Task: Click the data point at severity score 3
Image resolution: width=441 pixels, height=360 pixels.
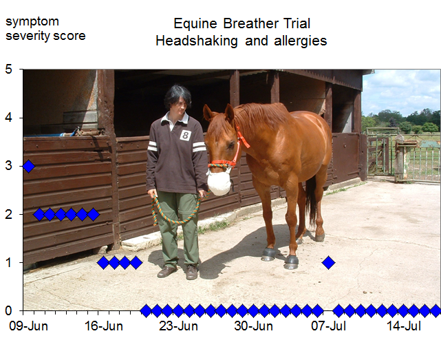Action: (28, 166)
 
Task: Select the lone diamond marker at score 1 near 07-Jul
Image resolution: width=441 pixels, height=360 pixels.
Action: (328, 262)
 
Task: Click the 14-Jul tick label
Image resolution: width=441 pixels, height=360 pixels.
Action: (403, 326)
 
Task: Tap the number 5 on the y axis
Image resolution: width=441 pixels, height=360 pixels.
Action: (9, 70)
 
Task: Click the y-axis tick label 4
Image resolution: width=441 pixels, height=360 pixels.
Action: (9, 118)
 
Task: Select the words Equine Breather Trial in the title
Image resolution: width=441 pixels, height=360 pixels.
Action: (241, 23)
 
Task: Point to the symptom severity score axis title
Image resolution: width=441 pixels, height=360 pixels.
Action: (45, 28)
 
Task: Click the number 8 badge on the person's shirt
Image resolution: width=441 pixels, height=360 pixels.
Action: (185, 136)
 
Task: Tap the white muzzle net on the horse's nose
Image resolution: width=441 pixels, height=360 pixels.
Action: (218, 182)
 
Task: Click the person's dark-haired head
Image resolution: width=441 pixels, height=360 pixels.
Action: (178, 100)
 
